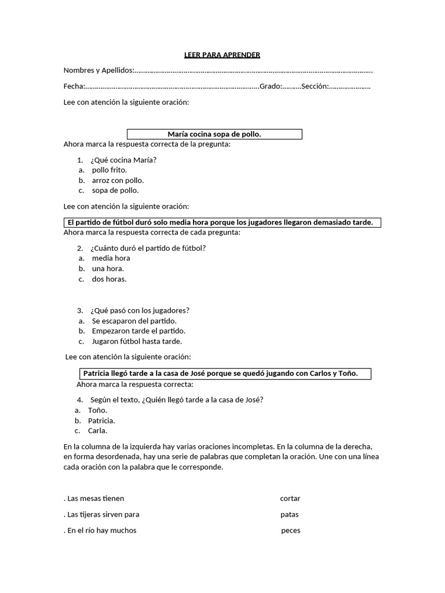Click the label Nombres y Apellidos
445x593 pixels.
98,71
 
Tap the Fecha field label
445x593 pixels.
74,86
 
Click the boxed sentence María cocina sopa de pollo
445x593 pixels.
214,134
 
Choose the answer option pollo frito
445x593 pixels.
109,170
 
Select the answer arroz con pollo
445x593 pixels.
118,180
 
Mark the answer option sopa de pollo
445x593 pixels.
115,190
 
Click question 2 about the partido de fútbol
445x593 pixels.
148,248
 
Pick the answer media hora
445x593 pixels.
111,258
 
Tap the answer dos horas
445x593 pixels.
109,279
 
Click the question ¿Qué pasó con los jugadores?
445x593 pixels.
140,310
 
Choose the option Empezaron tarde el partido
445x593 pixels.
138,331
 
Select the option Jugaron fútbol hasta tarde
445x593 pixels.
137,341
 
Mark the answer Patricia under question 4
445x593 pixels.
101,420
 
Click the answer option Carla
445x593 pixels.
97,430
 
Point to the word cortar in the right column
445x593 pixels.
290,499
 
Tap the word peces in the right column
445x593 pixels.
291,530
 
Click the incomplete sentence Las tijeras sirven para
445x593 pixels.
103,514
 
